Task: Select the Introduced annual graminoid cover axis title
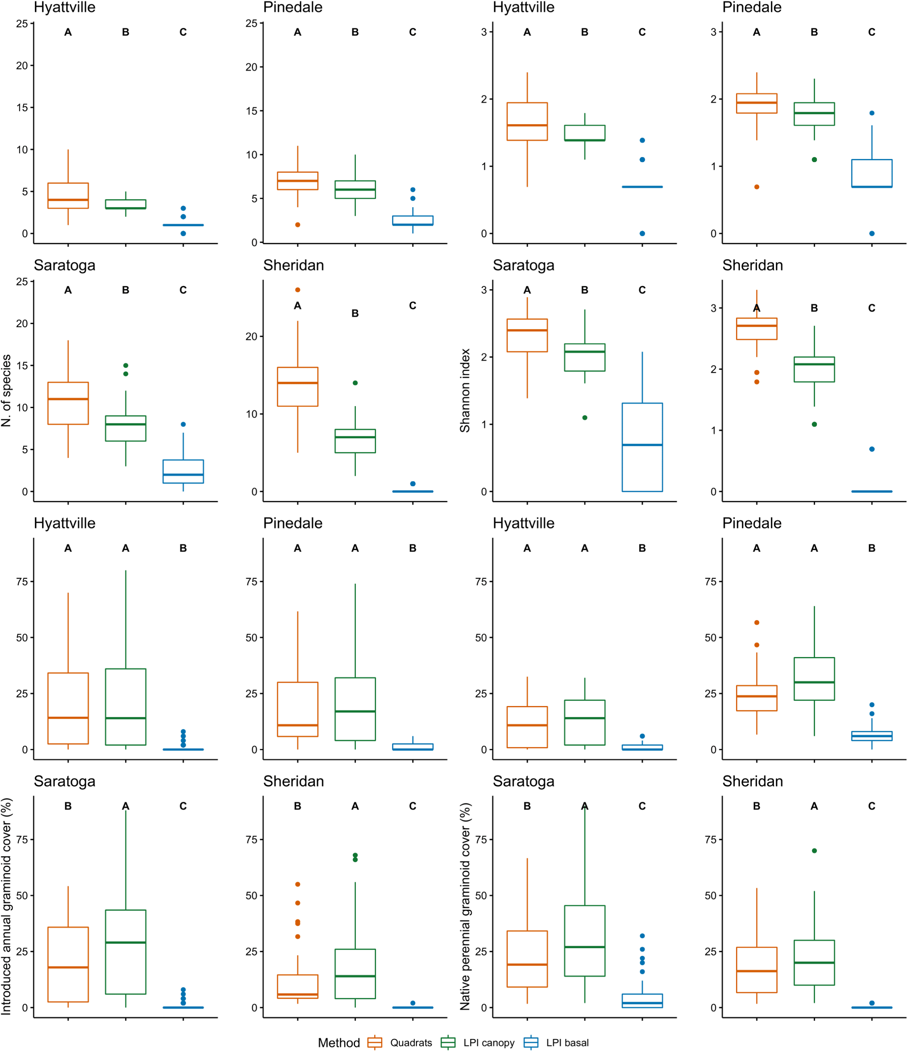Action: tap(6, 906)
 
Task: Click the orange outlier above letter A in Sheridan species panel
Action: tap(297, 290)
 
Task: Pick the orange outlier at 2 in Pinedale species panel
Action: tap(297, 224)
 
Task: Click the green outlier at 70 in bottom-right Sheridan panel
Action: tap(814, 850)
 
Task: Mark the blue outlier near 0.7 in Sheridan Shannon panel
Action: tap(871, 449)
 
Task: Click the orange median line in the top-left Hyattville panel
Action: tap(68, 200)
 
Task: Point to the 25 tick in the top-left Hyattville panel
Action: tap(22, 23)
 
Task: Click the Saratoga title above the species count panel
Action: tap(65, 266)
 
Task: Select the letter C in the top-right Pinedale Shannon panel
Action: tap(871, 32)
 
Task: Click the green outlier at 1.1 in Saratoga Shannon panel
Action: tap(585, 417)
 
